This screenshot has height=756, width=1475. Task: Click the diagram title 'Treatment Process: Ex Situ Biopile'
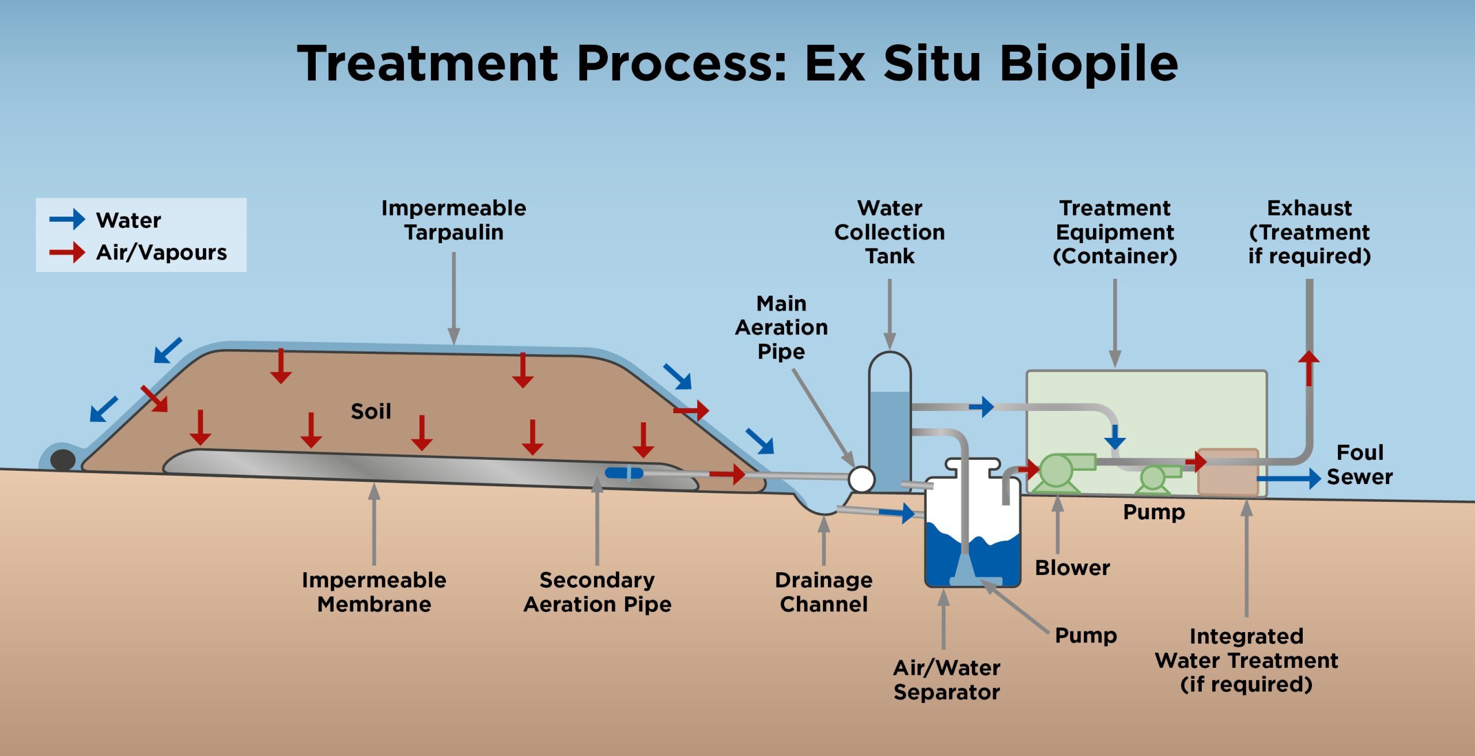coord(737,63)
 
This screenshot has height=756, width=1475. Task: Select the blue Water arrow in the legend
coord(67,220)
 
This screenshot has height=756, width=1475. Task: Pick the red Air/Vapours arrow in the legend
coord(67,252)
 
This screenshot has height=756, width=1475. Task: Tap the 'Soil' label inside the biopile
coord(371,411)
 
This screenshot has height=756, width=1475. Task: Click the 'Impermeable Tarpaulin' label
coord(453,220)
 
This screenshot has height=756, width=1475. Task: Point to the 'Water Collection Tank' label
coord(890,232)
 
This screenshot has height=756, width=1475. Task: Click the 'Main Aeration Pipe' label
coord(781,327)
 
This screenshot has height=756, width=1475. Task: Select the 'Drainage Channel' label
coord(823,592)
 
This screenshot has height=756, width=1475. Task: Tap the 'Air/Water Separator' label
coord(947,679)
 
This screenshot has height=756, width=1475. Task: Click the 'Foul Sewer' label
coord(1360,464)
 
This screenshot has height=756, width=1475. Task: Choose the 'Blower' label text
coord(1072,568)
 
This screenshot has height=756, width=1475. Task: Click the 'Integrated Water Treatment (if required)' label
coord(1246,660)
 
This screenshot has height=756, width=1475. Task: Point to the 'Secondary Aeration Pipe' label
coord(597,592)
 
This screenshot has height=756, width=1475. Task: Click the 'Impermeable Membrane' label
coord(374,592)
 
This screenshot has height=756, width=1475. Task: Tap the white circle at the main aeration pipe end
coord(861,479)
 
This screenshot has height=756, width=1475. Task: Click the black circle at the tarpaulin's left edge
coord(63,460)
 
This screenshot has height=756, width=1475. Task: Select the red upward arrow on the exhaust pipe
coord(1309,368)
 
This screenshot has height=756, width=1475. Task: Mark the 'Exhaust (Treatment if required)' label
coord(1309,232)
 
